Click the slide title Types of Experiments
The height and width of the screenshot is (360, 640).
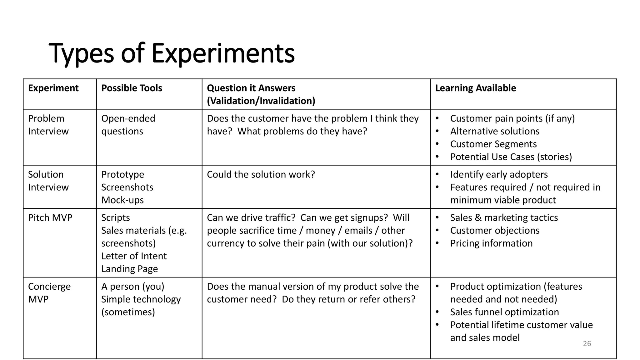pos(172,53)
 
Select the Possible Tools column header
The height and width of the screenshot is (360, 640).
pos(132,88)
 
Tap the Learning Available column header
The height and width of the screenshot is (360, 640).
pos(475,88)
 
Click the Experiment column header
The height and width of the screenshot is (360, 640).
pos(53,88)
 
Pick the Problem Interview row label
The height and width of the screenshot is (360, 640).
pos(48,125)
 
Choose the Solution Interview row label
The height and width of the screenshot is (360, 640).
pos(48,181)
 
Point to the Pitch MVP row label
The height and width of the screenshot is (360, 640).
pos(50,217)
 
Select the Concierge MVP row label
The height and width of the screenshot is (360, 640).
pos(49,292)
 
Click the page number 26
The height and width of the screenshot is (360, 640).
pos(587,343)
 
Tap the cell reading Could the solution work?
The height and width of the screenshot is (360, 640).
pos(261,174)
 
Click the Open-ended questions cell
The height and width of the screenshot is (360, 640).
pos(128,125)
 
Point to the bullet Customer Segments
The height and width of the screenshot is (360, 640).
pos(493,144)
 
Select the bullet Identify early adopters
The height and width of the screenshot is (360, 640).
pos(499,174)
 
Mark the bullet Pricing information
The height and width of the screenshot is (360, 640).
pos(491,243)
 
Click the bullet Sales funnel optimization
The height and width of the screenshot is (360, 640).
pos(504,312)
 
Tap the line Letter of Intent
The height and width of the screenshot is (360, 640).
pos(134,256)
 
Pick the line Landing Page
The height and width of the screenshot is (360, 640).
pos(129,269)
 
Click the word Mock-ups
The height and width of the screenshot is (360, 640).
pos(122,200)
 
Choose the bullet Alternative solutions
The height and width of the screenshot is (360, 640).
pos(495,131)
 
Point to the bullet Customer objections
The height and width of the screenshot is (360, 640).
pos(495,230)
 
